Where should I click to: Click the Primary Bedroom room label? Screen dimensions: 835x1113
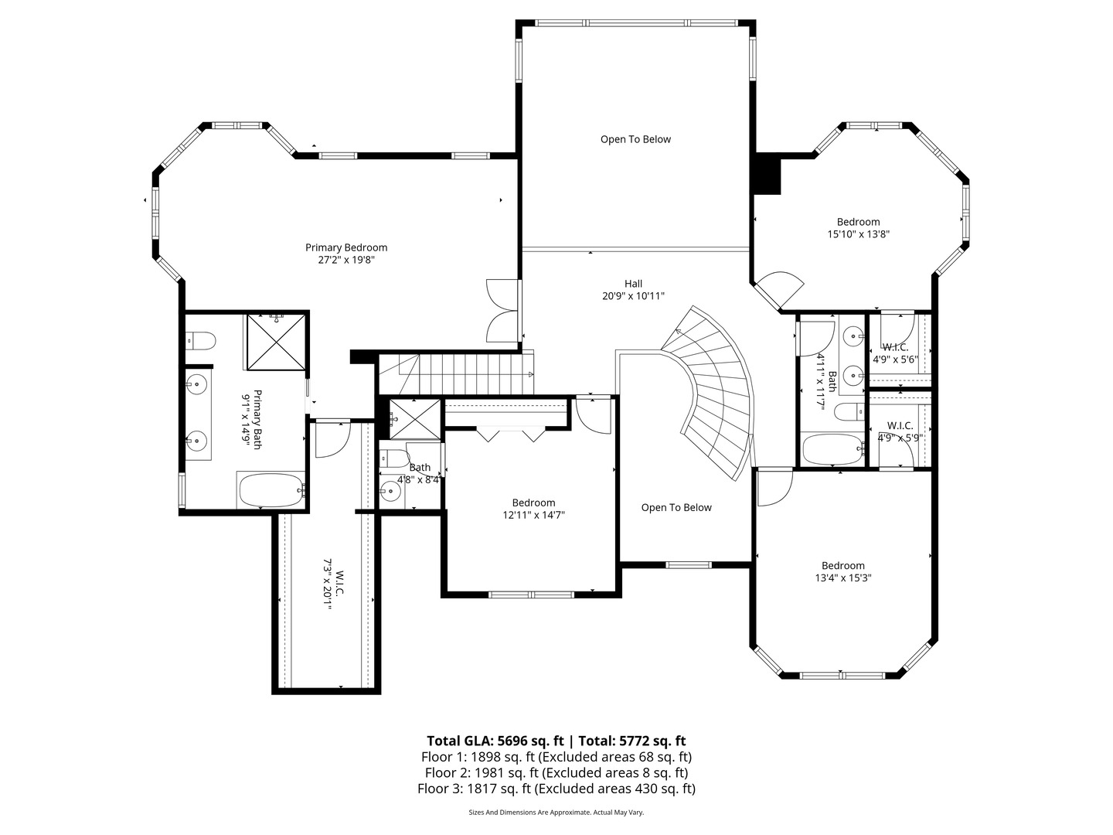pos(345,247)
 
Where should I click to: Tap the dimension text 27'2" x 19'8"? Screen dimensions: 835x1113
pos(345,260)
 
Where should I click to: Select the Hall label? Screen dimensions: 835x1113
pos(633,284)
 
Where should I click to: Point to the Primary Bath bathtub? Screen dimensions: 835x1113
pos(271,490)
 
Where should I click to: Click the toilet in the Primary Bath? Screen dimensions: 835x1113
pos(201,339)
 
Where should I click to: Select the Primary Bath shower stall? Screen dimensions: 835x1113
pos(277,342)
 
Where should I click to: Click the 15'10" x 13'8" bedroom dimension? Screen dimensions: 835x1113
pos(858,234)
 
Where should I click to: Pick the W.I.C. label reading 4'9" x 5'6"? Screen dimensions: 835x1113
pos(895,360)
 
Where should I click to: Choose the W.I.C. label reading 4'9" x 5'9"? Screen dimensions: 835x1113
pos(900,438)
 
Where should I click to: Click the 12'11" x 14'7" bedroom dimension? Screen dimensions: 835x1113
pos(533,515)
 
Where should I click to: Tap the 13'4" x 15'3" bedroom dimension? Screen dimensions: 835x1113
pos(842,578)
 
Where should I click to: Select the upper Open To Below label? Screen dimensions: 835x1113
pos(635,139)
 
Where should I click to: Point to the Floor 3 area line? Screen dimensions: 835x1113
pos(556,789)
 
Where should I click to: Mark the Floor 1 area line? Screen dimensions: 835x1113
pos(556,757)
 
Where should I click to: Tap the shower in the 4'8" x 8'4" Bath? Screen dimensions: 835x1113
pos(414,419)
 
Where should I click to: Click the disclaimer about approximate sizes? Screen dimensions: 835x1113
pos(556,813)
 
